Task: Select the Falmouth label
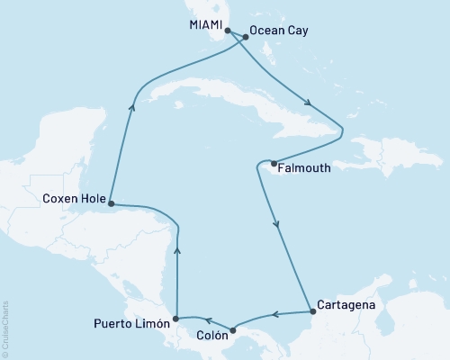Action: (x=303, y=167)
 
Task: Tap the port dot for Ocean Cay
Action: (x=244, y=38)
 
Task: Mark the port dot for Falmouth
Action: (x=273, y=164)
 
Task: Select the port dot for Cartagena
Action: (x=312, y=312)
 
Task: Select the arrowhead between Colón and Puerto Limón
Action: (x=205, y=319)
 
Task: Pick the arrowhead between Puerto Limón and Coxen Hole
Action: (x=177, y=254)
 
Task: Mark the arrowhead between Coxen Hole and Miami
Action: (x=132, y=105)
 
